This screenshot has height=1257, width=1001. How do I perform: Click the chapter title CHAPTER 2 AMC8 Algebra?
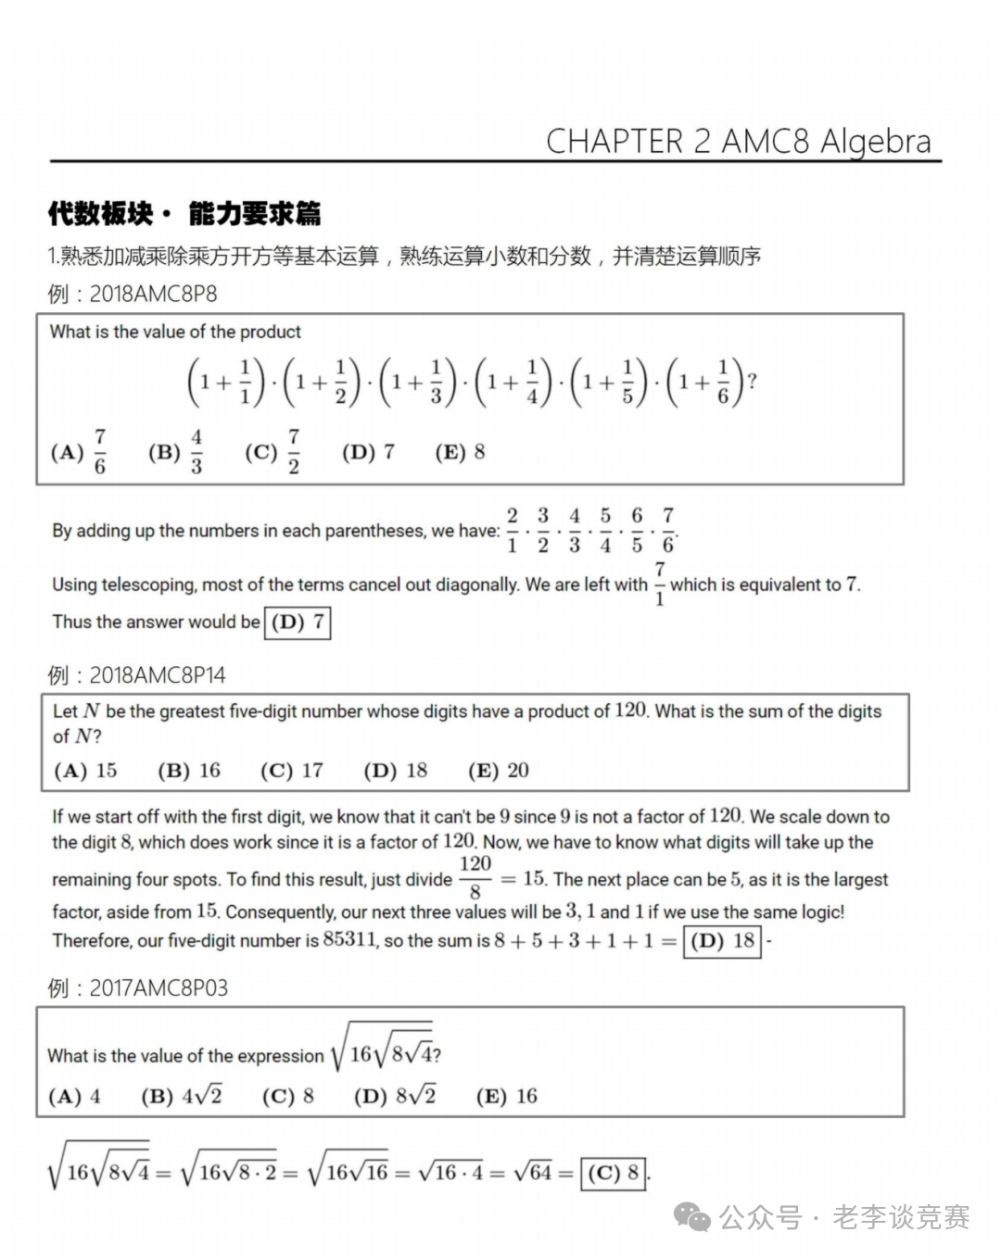click(738, 141)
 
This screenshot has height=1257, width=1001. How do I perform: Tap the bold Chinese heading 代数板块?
click(100, 214)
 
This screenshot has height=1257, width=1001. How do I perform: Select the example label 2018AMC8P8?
click(153, 294)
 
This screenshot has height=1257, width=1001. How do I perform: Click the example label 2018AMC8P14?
click(157, 675)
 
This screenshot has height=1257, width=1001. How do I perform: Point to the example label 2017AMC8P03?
click(158, 988)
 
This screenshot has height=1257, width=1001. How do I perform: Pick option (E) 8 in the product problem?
click(461, 452)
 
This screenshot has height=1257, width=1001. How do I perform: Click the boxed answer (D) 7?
click(298, 622)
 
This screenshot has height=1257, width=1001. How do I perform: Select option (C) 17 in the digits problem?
click(291, 771)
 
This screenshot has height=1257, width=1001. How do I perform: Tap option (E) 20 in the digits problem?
click(499, 771)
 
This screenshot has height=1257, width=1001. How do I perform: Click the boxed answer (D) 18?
click(722, 941)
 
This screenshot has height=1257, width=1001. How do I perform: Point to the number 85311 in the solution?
click(349, 940)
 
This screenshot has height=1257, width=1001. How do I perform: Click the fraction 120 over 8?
click(475, 878)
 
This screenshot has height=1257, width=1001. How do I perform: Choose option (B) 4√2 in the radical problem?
click(182, 1097)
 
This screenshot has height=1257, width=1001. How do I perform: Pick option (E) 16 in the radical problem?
click(506, 1097)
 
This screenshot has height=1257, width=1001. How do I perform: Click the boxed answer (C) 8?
click(613, 1174)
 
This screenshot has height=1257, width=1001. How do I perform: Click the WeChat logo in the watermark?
click(692, 1216)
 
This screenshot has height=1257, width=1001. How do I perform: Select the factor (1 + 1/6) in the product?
click(704, 382)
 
